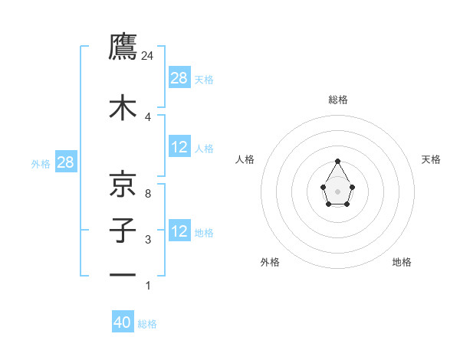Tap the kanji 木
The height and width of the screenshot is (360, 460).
click(x=123, y=107)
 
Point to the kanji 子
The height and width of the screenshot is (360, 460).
click(x=123, y=230)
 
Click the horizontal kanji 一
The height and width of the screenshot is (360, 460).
click(x=123, y=274)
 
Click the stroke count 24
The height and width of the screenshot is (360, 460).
click(x=148, y=55)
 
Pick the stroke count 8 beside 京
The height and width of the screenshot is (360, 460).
click(x=147, y=194)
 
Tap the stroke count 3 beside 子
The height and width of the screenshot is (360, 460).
click(x=147, y=240)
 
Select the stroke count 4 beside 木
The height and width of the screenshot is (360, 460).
click(x=147, y=116)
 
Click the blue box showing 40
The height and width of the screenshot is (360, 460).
click(x=123, y=322)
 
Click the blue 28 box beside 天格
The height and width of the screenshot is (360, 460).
click(x=179, y=77)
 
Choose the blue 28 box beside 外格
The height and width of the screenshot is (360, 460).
click(x=64, y=162)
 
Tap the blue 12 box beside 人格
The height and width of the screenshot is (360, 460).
click(x=179, y=147)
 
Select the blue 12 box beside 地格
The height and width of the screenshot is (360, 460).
click(x=179, y=231)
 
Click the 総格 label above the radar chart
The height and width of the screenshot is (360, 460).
click(x=338, y=100)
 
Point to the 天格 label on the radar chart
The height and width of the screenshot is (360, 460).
click(x=431, y=159)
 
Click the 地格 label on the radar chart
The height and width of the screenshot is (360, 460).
click(x=402, y=262)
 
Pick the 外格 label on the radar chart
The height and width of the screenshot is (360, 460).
click(x=270, y=262)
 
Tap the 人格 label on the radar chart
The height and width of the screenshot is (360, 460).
click(x=245, y=159)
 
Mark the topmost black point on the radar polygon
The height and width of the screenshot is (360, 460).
click(x=338, y=161)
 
